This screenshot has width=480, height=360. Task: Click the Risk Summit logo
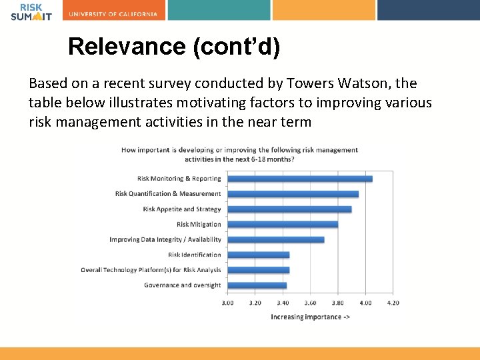(x=31, y=11)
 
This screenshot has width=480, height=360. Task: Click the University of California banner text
(x=113, y=14)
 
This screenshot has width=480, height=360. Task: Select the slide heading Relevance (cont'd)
(x=174, y=47)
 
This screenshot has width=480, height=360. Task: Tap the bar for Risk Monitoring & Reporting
(x=299, y=179)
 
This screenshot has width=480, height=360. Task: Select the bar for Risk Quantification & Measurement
(x=293, y=194)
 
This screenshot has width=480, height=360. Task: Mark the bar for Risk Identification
(x=258, y=255)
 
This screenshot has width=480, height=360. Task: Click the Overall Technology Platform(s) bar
(x=258, y=270)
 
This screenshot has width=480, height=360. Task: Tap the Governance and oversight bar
(x=257, y=285)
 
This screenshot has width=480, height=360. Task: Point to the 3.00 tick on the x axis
(x=228, y=303)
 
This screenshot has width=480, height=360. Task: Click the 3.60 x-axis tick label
(x=311, y=303)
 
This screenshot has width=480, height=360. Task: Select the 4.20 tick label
(x=393, y=303)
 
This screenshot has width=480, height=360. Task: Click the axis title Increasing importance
(x=311, y=317)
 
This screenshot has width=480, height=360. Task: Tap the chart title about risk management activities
(x=240, y=154)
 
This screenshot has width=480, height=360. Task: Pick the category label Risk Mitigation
(x=199, y=225)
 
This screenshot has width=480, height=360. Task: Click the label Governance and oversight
(x=182, y=285)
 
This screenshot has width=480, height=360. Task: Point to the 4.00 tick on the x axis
(x=366, y=303)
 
